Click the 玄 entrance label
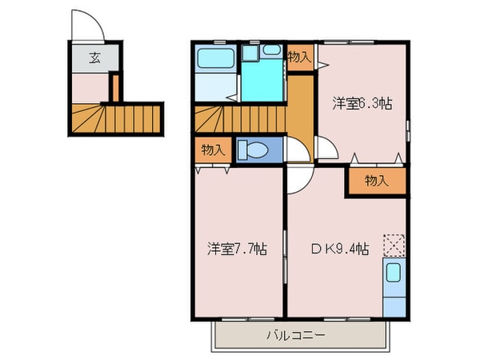pos(94,58)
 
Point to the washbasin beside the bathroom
pos(250,54)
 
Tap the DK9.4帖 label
pos(339,249)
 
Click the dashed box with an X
pos(394,243)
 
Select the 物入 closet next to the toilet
pos(212,150)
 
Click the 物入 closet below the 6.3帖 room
pos(376,182)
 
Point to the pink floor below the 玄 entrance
pos(90,86)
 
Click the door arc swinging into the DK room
pos(298,182)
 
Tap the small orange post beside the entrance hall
pos(114,87)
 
